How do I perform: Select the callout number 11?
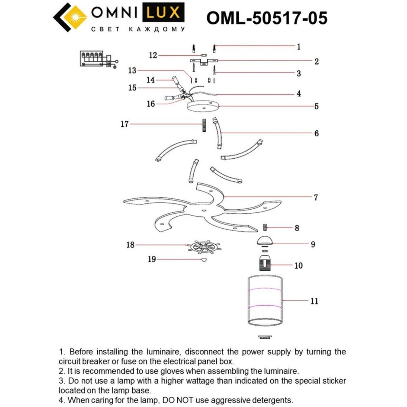[x=314, y=301]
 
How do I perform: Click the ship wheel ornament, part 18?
[x=203, y=247]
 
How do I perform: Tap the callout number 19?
[x=152, y=259]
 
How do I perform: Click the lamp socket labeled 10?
[x=266, y=263]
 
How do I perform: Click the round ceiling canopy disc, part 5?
[x=203, y=107]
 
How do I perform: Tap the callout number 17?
[x=124, y=124]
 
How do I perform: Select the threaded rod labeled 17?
[x=204, y=125]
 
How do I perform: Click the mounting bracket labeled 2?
[x=203, y=61]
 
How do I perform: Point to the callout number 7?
[x=316, y=197]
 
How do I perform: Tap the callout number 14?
[x=151, y=80]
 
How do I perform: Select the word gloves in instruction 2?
[x=183, y=371]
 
